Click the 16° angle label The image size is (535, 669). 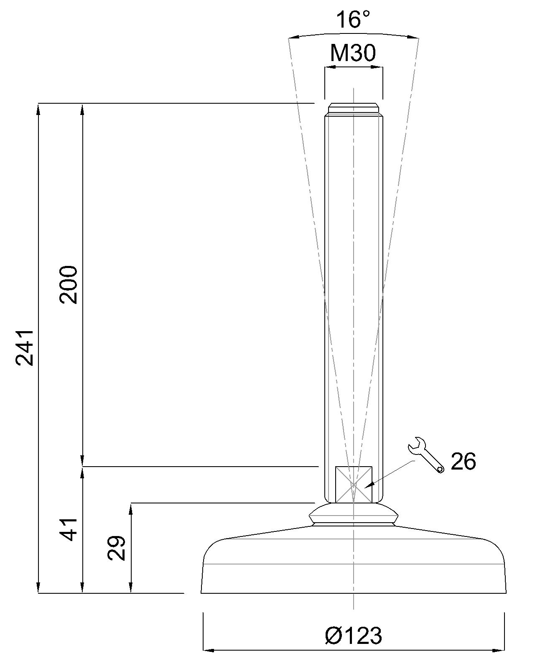[x=354, y=19]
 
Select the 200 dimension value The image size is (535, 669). [x=68, y=285]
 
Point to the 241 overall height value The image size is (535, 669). [x=24, y=348]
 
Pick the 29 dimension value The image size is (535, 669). [x=116, y=548]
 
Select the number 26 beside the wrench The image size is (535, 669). [x=463, y=462]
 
